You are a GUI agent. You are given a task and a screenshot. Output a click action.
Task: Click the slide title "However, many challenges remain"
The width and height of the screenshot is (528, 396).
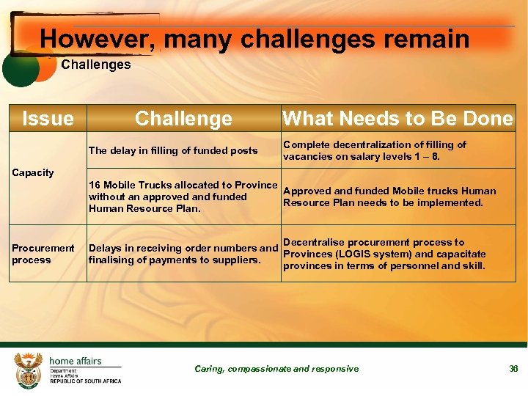[x=254, y=38]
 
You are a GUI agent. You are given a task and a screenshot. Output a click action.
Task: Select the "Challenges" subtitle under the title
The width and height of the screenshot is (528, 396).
[x=95, y=65]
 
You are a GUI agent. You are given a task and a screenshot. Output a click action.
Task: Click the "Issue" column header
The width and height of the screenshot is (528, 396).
[x=48, y=119]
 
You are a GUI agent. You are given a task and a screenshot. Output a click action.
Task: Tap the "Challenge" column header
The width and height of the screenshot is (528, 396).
[x=183, y=119]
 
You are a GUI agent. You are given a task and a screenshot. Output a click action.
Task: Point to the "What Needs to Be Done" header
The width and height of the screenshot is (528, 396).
[x=397, y=119]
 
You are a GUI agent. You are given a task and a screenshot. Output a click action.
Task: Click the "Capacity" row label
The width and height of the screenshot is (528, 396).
[x=33, y=173]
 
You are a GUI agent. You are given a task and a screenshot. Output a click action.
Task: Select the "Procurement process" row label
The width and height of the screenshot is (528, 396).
[x=43, y=254]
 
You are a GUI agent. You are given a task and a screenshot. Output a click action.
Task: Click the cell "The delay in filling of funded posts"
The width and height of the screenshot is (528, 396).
[x=173, y=151]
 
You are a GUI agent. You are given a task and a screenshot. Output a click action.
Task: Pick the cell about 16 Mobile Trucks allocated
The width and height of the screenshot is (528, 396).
[x=183, y=197]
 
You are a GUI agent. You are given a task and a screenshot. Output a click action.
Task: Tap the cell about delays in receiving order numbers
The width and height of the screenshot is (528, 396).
[x=183, y=253]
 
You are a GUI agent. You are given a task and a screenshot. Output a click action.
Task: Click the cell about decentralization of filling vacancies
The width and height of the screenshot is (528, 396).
[x=374, y=150]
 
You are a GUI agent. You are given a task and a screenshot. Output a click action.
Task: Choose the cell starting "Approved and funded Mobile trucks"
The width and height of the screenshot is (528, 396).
[x=389, y=197]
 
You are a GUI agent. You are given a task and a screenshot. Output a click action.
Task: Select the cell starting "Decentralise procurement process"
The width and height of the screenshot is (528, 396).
[x=384, y=254]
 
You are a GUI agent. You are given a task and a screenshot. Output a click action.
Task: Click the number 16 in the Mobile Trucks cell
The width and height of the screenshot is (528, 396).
[x=94, y=185]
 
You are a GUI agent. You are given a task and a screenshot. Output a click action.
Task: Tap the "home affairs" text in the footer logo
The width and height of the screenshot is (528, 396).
[x=75, y=361]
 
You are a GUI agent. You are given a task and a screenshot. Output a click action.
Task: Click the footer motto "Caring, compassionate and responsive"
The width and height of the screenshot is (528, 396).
[x=276, y=369]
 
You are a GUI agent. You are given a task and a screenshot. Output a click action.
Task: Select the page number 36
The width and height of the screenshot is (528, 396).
[x=513, y=369]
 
